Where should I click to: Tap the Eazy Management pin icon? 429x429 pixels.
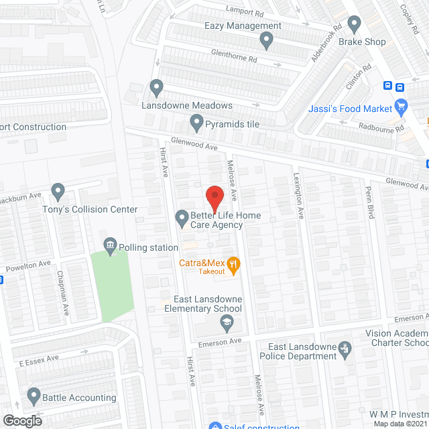pos(266,42)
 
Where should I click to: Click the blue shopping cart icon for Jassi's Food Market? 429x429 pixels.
pos(402,106)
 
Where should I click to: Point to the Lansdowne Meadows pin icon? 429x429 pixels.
pos(157,88)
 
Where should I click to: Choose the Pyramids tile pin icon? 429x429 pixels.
pos(196,123)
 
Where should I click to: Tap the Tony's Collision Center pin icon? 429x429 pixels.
pos(58,192)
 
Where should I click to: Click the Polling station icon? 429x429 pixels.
pos(109,246)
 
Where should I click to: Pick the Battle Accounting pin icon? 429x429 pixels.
pos(33,396)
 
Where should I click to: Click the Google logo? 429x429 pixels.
pos(21,420)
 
